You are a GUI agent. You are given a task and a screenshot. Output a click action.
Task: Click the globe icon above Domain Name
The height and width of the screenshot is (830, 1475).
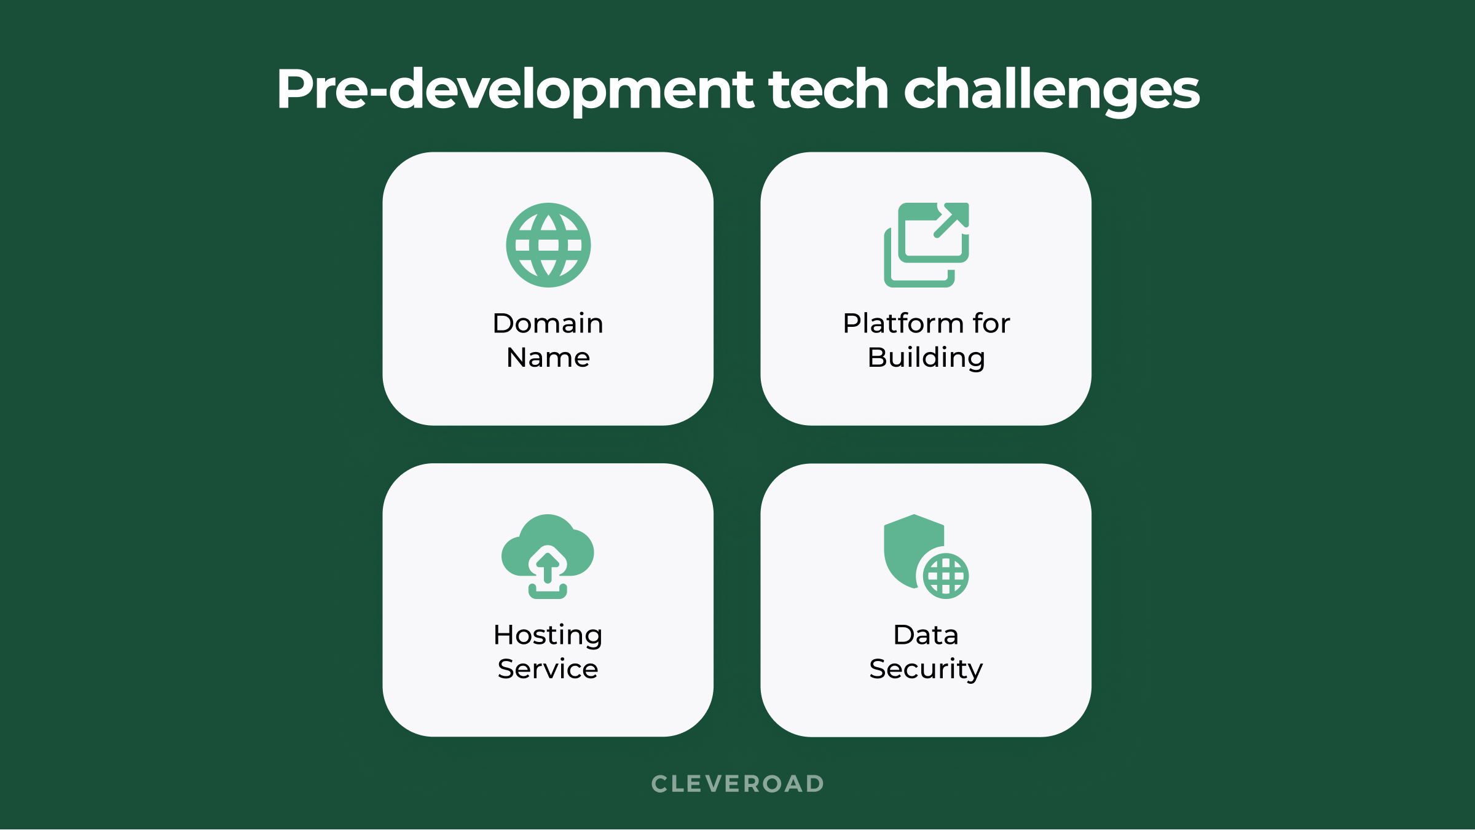click(548, 245)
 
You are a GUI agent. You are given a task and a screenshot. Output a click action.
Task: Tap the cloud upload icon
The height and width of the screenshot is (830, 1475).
click(548, 556)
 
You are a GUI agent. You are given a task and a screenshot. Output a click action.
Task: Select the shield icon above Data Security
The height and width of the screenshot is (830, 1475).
click(926, 556)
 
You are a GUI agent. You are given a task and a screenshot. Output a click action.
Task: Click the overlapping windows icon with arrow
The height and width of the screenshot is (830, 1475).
click(926, 245)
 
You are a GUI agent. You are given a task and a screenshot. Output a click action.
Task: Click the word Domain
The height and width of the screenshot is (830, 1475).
click(548, 323)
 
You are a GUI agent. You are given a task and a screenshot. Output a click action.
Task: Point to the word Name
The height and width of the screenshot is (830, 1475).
click(548, 358)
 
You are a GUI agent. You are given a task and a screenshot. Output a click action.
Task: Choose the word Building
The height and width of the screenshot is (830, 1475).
click(926, 358)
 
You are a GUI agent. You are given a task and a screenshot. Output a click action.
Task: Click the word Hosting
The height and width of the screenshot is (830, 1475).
click(548, 635)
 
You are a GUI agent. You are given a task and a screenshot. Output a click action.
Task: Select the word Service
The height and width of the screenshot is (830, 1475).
click(548, 669)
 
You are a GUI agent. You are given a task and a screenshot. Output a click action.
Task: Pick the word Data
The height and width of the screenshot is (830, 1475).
click(926, 635)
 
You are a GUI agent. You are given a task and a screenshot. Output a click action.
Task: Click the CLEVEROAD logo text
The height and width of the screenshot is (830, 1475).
click(737, 784)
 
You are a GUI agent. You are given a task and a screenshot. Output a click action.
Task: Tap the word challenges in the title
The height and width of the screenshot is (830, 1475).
click(1052, 90)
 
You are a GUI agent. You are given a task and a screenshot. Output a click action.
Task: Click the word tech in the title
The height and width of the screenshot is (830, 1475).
click(828, 89)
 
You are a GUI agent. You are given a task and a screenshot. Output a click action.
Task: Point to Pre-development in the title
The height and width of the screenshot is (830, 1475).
click(515, 90)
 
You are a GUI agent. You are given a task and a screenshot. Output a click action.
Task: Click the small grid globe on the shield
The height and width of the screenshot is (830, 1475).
click(946, 576)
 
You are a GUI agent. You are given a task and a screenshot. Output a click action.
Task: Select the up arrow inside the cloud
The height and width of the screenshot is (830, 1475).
click(548, 566)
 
